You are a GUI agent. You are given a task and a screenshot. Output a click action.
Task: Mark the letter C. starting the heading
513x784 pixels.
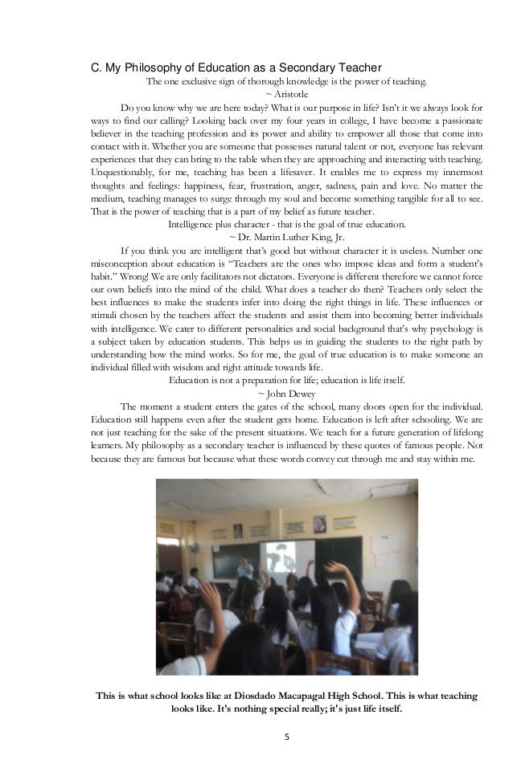point(94,66)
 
